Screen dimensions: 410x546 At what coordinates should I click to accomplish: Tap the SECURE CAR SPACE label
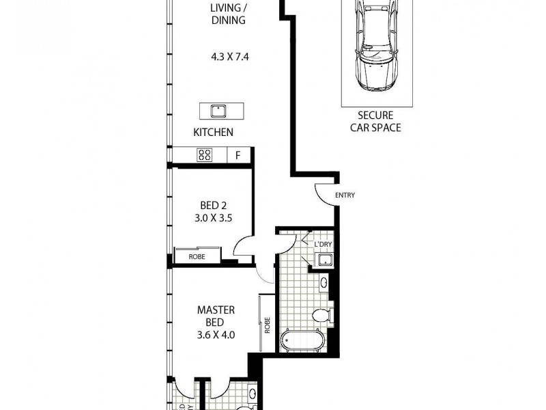[x=375, y=122]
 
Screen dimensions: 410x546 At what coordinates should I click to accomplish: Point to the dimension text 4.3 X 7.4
[x=229, y=57]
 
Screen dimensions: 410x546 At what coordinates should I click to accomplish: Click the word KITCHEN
[x=213, y=133]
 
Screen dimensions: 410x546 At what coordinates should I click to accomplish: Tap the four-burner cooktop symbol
[x=204, y=155]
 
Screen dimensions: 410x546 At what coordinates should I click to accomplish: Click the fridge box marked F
[x=238, y=155]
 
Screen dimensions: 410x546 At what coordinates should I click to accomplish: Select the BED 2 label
[x=213, y=205]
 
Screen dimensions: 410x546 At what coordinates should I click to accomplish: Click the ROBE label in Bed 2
[x=198, y=256]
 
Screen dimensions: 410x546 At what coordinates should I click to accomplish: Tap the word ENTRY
[x=345, y=195]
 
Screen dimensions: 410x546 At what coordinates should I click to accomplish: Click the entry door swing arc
[x=324, y=195]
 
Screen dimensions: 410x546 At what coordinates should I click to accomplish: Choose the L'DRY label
[x=322, y=245]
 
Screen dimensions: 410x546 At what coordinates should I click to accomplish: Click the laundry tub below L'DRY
[x=323, y=260]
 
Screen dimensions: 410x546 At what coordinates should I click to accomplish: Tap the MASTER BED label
[x=217, y=315]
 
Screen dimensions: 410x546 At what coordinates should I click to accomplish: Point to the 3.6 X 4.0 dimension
[x=217, y=335]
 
